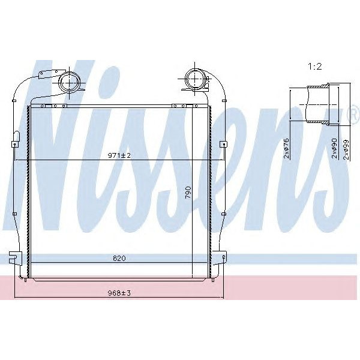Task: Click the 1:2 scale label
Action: (314, 67)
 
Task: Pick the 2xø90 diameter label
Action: (334, 148)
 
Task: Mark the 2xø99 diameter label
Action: (346, 148)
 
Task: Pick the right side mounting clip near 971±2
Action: (224, 144)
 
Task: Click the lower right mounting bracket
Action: (223, 257)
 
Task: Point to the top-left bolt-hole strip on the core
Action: (50, 106)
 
